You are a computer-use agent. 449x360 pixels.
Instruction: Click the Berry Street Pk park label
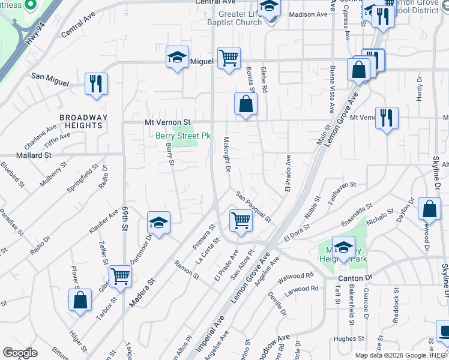point(183,136)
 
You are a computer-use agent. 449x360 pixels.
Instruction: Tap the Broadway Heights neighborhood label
point(83,122)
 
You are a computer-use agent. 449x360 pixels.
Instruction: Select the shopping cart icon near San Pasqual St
point(241,220)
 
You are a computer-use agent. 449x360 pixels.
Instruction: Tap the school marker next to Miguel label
point(177,58)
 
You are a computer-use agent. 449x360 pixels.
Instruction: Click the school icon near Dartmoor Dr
point(158,223)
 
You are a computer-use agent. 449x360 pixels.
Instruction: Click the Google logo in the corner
point(20,352)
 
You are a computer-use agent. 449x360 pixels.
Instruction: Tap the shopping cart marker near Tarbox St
point(120,277)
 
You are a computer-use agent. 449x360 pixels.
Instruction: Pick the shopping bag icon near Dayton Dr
point(429,209)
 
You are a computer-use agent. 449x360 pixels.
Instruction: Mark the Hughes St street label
point(346,339)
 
